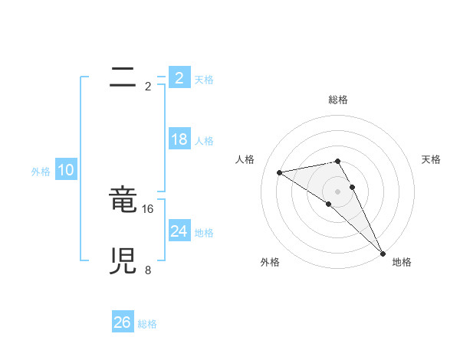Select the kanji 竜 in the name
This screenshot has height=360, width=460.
click(123, 201)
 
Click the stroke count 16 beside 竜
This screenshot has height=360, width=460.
click(149, 208)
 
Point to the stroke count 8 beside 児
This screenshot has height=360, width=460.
click(148, 270)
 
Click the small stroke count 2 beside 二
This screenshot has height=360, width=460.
click(148, 86)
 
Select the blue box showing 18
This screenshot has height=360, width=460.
click(179, 139)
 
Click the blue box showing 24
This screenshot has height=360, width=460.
click(179, 231)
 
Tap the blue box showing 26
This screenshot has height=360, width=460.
click(122, 322)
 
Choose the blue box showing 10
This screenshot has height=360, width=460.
click(66, 170)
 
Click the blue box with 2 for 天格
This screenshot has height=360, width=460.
click(179, 77)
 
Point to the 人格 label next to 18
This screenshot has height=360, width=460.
click(204, 141)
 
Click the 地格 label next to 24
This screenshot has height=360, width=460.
click(204, 233)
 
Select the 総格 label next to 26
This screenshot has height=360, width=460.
click(147, 324)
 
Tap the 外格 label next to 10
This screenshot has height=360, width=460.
click(41, 172)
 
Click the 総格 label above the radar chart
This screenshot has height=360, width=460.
click(338, 100)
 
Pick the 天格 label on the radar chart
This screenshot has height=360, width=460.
click(432, 159)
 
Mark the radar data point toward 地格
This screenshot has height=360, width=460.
click(383, 253)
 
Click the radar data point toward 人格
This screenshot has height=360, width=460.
click(280, 172)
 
